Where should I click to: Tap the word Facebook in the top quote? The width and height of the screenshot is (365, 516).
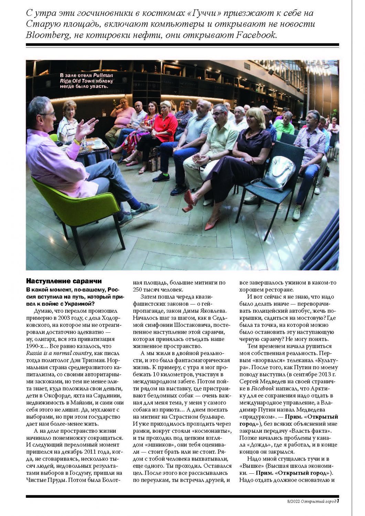click(x=256, y=35)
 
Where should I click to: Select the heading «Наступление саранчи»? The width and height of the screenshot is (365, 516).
click(x=64, y=281)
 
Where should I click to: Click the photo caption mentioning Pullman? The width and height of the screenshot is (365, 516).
click(x=86, y=80)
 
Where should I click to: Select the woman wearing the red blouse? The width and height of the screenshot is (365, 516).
click(x=164, y=125)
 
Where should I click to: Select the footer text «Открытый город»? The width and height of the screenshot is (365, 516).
click(x=318, y=501)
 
